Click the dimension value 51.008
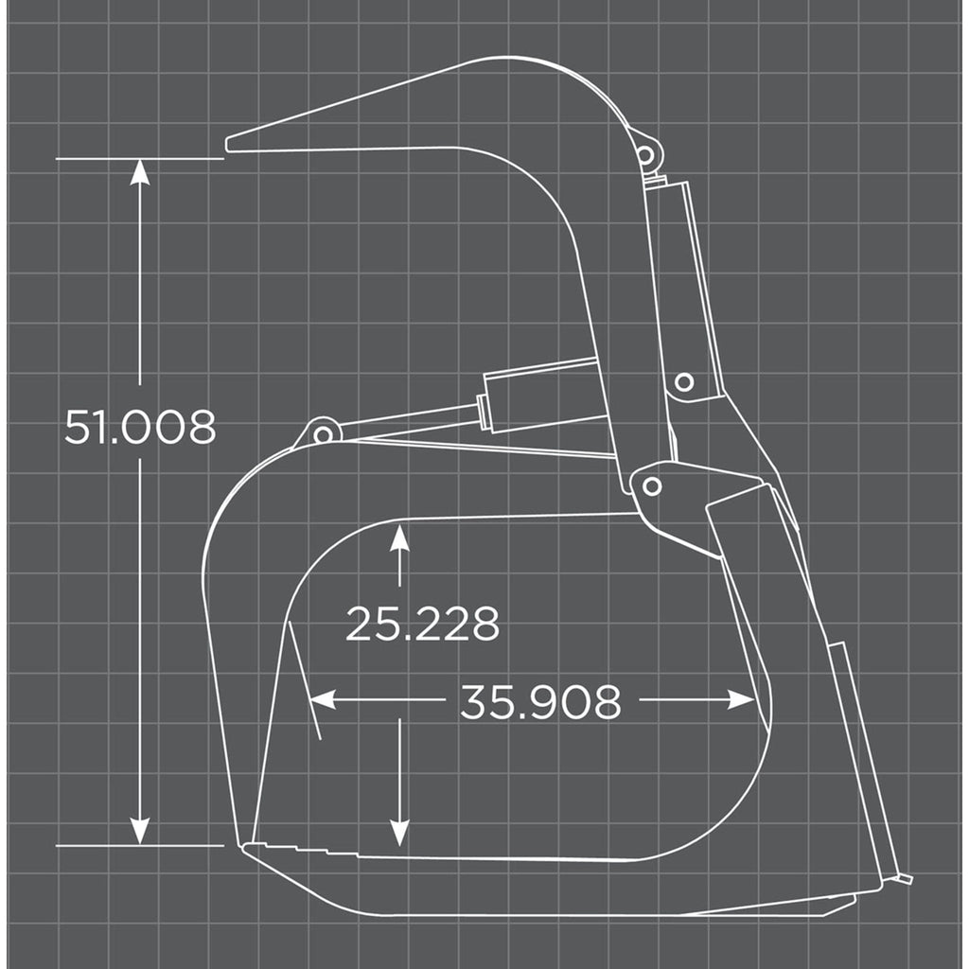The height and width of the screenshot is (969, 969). (x=140, y=428)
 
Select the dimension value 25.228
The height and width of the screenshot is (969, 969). (x=422, y=624)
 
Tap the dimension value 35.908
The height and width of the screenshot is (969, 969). (x=540, y=701)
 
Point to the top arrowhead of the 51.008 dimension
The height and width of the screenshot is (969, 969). (x=140, y=171)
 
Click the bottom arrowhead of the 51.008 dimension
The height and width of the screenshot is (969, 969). (x=140, y=832)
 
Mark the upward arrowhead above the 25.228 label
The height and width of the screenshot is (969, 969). (x=399, y=538)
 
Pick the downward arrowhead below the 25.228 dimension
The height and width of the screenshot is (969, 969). (x=399, y=833)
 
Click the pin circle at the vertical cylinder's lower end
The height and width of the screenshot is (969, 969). (x=683, y=382)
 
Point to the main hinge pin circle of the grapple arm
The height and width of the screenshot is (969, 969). (x=651, y=486)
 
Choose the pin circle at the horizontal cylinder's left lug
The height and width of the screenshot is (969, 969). (x=323, y=434)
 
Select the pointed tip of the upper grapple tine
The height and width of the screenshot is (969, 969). (x=230, y=145)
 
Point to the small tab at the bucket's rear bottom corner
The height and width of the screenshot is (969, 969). (x=905, y=879)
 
